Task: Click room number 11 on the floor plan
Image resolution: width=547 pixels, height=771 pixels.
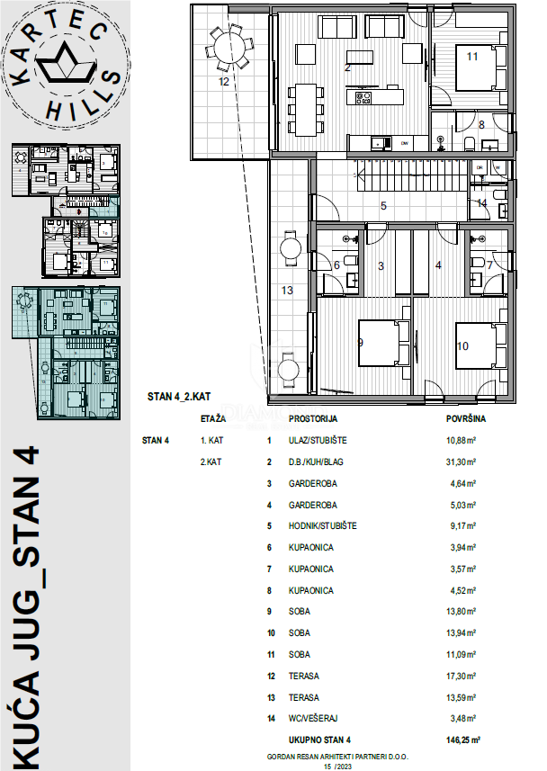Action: pyautogui.click(x=472, y=57)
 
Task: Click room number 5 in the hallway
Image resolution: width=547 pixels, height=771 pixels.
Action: pyautogui.click(x=382, y=206)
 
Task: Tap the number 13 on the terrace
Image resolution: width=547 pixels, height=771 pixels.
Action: pyautogui.click(x=288, y=290)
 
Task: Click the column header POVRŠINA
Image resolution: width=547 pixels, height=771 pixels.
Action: pyautogui.click(x=467, y=418)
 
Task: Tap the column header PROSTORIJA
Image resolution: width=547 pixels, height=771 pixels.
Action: pyautogui.click(x=313, y=419)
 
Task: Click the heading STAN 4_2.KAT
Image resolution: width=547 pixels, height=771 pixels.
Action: pyautogui.click(x=178, y=396)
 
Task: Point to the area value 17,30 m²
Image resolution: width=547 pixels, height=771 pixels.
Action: pyautogui.click(x=461, y=676)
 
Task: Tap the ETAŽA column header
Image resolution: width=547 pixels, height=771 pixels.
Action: pyautogui.click(x=214, y=419)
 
